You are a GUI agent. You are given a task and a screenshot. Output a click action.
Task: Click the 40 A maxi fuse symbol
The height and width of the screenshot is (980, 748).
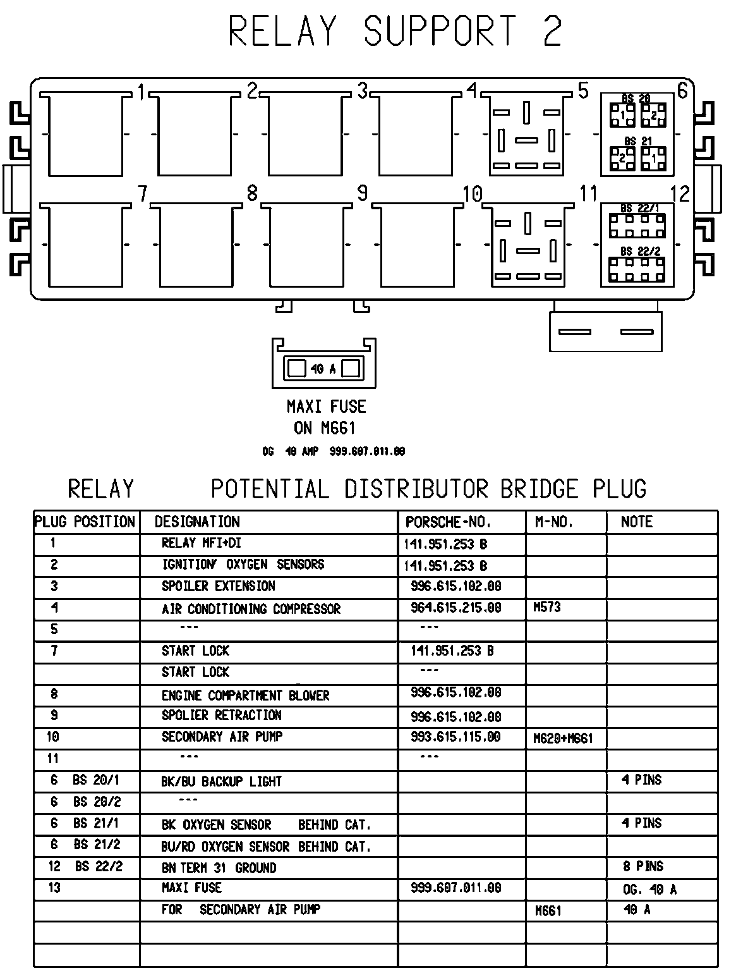(x=324, y=368)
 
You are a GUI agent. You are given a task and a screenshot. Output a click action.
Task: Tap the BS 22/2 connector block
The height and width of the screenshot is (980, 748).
(x=637, y=268)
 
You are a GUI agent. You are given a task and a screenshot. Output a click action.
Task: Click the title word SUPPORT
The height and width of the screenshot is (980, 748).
(x=440, y=32)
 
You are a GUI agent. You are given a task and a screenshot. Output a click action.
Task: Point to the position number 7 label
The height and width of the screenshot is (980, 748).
(x=143, y=193)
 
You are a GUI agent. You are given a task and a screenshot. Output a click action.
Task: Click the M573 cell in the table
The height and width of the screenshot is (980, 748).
(x=547, y=608)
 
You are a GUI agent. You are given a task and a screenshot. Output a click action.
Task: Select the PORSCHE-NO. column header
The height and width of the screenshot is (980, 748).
(x=448, y=522)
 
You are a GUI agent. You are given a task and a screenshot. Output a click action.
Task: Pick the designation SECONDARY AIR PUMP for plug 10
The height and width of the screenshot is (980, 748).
(x=222, y=737)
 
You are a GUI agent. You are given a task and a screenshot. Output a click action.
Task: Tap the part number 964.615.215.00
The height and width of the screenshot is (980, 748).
(x=455, y=608)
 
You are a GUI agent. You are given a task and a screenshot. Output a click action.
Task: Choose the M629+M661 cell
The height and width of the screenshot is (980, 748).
(x=563, y=738)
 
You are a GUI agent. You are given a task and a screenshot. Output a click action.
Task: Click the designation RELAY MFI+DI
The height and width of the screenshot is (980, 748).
(x=202, y=543)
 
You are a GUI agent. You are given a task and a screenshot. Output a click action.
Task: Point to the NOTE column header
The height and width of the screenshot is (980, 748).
(x=636, y=522)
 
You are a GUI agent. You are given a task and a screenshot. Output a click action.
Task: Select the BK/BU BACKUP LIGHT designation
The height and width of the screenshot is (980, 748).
(x=221, y=781)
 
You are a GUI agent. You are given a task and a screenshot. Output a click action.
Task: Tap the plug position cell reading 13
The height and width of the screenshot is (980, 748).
(x=54, y=888)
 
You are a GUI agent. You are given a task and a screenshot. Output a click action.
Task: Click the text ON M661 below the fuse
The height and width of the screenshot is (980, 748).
(x=325, y=428)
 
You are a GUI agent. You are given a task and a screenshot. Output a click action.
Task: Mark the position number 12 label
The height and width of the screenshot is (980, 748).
(x=680, y=193)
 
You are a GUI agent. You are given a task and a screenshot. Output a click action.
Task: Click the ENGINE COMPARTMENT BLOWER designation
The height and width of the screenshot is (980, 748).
(x=245, y=695)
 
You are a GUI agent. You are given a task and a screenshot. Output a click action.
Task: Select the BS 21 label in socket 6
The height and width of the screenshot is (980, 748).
(x=637, y=141)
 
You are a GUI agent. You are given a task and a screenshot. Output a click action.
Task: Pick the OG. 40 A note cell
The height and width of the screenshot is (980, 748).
(x=649, y=890)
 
